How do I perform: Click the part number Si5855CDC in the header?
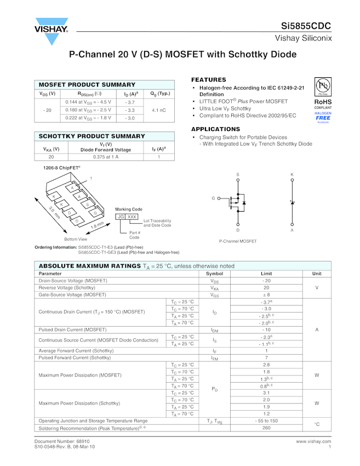click(x=306, y=26)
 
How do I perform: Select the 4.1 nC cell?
click(x=159, y=110)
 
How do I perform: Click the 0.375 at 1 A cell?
click(x=106, y=157)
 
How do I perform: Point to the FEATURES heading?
click(x=208, y=80)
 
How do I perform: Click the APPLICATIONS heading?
click(x=215, y=129)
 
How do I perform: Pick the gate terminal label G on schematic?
click(x=213, y=198)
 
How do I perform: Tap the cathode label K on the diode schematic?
click(x=292, y=174)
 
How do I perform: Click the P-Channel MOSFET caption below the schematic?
click(x=238, y=241)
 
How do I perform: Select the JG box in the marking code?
click(x=121, y=217)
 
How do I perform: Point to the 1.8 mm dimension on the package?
click(x=97, y=225)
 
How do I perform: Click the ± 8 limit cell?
click(x=266, y=294)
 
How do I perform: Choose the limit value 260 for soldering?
click(x=266, y=428)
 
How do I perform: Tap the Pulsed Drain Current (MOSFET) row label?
click(x=72, y=329)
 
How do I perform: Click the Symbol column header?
click(x=214, y=273)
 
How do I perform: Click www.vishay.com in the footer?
click(x=313, y=441)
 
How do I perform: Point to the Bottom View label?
click(x=76, y=240)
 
